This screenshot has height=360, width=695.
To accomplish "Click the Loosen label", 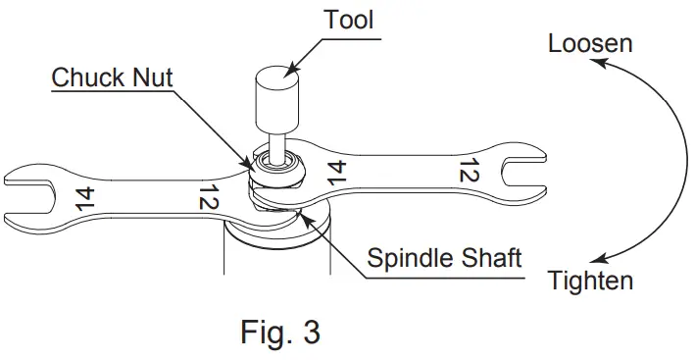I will click(590, 44).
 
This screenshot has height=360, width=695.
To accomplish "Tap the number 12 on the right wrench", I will click(468, 174).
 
